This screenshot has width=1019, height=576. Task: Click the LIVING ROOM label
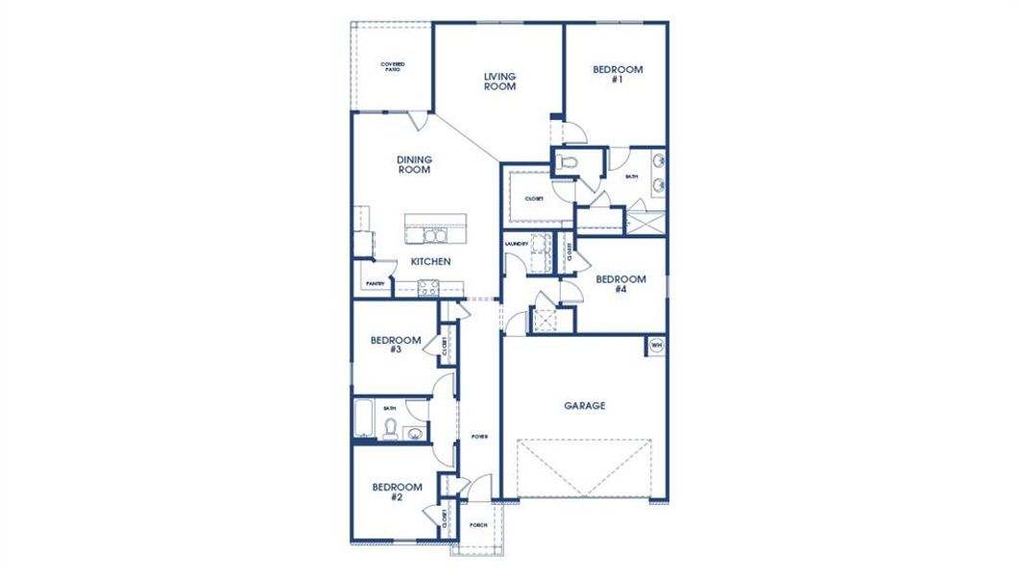[x=499, y=82]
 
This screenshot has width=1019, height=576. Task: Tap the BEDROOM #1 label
[x=617, y=75]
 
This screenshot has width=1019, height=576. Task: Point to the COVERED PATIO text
[x=392, y=66]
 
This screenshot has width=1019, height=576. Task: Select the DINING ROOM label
[x=414, y=165]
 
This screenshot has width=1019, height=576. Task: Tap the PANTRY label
[x=375, y=283]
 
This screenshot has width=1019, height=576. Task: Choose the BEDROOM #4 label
[x=620, y=284]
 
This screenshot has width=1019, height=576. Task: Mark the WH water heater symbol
[x=657, y=345]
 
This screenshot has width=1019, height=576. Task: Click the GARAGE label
[x=584, y=406]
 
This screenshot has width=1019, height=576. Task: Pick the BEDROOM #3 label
[x=396, y=345]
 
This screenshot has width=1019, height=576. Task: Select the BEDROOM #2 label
[x=397, y=492]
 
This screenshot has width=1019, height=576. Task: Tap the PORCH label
[x=477, y=525]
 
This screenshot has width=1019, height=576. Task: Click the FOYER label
[x=479, y=437]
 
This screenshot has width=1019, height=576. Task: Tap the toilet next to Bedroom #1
[x=567, y=162]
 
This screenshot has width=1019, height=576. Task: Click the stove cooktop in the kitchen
[x=426, y=285]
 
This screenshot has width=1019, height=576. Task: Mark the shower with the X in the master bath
[x=645, y=222]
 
